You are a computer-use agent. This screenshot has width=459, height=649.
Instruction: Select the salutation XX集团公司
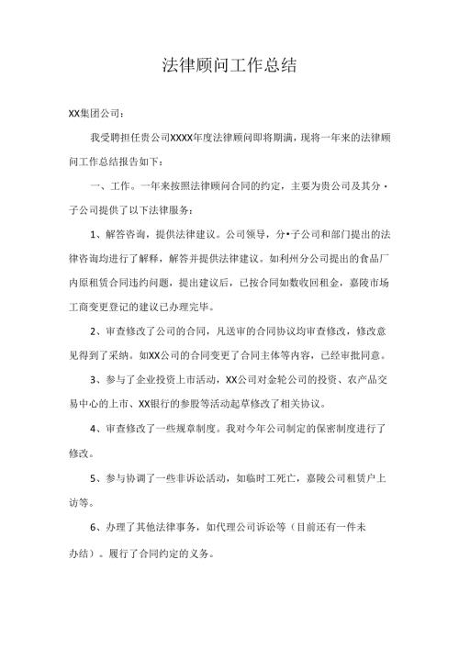(95, 114)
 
